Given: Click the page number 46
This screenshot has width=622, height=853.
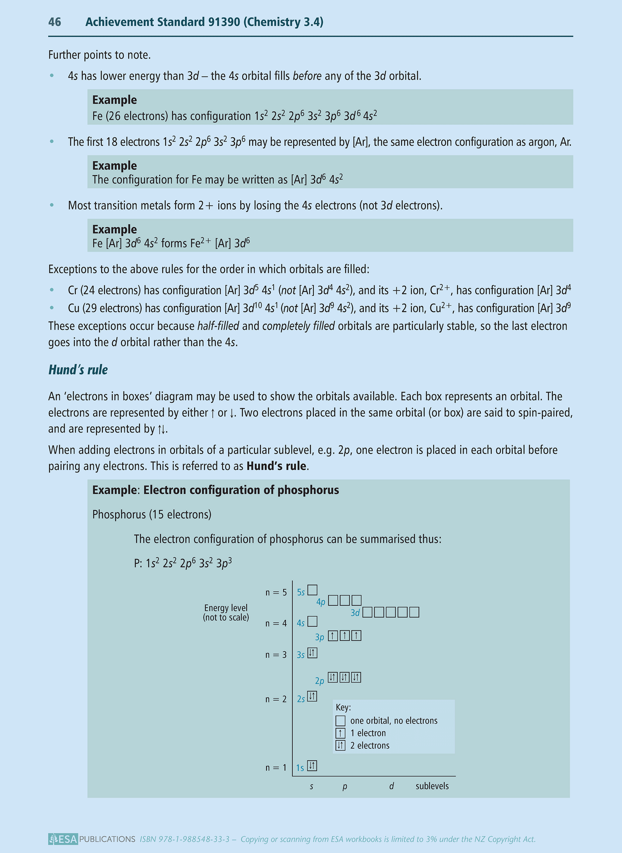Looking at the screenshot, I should coord(55,22).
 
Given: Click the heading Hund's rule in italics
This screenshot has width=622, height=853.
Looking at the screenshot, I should coord(78,370).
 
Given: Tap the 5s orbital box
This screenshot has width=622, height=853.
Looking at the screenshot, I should coord(313,590).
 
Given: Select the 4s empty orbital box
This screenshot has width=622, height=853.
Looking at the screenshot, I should coord(313,621).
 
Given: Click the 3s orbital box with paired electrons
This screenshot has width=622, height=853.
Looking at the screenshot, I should coord(313,653).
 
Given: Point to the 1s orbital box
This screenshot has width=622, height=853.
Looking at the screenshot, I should coord(313,766).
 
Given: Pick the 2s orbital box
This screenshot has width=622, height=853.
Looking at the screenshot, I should coord(313,696).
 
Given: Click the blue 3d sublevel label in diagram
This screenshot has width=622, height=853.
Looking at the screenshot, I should coord(355,613).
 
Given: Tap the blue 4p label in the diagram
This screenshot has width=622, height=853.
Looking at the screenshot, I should coord(321,602).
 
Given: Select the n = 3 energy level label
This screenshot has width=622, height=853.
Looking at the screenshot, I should coord(276,655).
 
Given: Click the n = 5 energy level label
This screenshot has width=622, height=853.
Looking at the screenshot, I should coord(276,593).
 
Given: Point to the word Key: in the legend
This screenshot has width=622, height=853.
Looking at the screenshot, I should coord(343,708).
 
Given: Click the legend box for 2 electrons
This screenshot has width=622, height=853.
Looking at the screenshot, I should coord(340,745).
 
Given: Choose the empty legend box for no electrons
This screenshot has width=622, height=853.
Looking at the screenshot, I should coord(340,720).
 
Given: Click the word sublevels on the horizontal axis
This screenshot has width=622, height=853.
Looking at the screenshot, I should coord(432,786).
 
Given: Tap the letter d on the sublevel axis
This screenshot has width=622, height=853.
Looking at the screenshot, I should coord(391,786).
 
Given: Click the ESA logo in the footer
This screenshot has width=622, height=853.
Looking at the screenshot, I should coord(63,839).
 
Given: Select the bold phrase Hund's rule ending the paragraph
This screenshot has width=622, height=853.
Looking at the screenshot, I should coord(276,466).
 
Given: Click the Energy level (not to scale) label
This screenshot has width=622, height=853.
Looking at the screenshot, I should coord(226,613).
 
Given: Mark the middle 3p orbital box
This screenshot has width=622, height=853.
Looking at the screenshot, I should coord(344,636).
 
